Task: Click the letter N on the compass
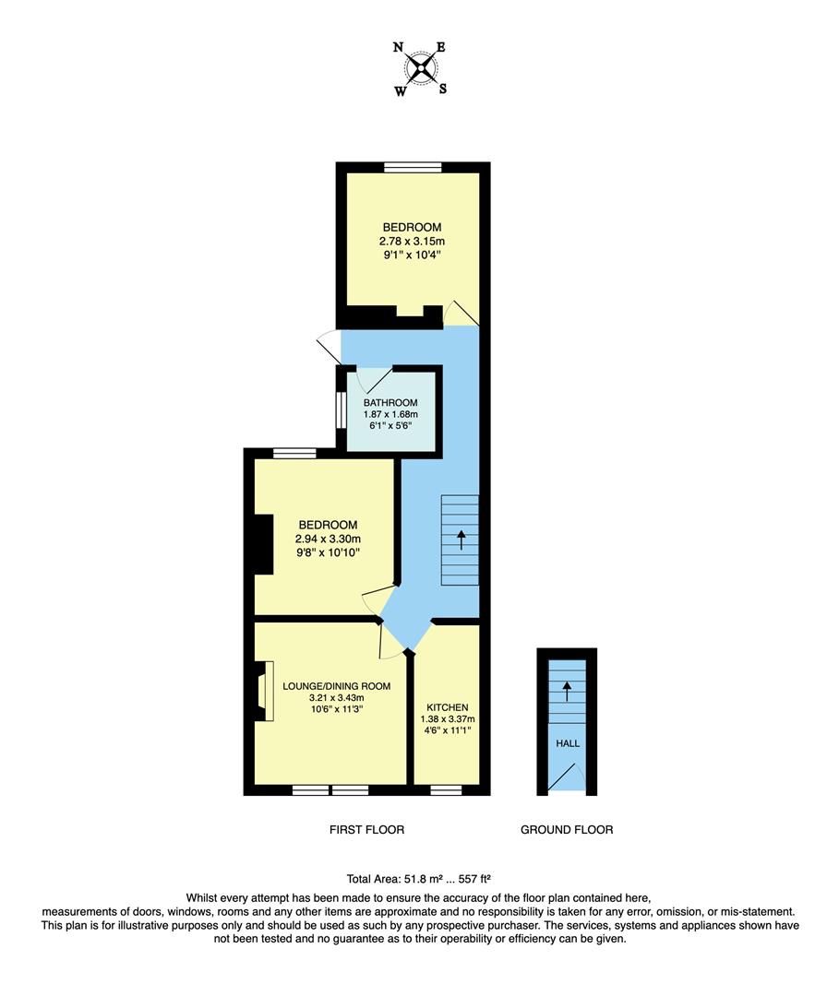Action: coord(398,46)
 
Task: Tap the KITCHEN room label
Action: coord(447,707)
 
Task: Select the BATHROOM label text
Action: coord(390,403)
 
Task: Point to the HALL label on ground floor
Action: coord(567,742)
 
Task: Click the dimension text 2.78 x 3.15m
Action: coord(413,242)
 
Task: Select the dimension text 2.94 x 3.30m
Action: coord(327,539)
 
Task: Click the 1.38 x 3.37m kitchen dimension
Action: coord(447,719)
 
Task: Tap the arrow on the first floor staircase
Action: coord(461,539)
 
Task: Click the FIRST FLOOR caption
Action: coord(366,830)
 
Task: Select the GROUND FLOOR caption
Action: coord(567,830)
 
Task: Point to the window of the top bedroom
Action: coord(413,167)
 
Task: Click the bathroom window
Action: coord(340,410)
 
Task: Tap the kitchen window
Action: coord(447,790)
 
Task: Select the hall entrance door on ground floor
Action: coord(563,777)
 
